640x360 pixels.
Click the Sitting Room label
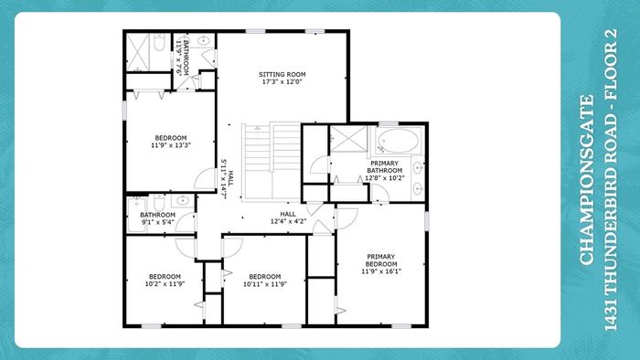pyautogui.click(x=282, y=74)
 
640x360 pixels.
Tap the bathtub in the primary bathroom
pyautogui.click(x=398, y=141)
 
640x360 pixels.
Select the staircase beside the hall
pyautogui.click(x=272, y=162)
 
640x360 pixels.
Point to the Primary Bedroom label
pyautogui.click(x=381, y=260)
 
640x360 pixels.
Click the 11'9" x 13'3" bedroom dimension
pyautogui.click(x=171, y=144)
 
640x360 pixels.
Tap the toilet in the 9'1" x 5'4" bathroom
pyautogui.click(x=159, y=202)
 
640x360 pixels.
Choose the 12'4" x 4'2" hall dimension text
pyautogui.click(x=288, y=221)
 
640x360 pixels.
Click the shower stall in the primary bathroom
pyautogui.click(x=348, y=139)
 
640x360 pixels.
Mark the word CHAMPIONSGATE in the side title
pyautogui.click(x=586, y=180)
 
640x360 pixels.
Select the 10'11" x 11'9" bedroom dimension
pyautogui.click(x=265, y=284)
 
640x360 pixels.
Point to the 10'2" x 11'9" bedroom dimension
pyautogui.click(x=165, y=284)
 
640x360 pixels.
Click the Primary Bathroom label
pyautogui.click(x=384, y=166)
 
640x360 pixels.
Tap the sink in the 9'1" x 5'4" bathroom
pyautogui.click(x=182, y=200)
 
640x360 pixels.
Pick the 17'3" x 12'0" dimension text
pyautogui.click(x=282, y=81)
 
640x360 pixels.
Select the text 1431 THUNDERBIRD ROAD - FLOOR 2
pyautogui.click(x=610, y=180)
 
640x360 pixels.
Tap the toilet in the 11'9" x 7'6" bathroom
pyautogui.click(x=159, y=42)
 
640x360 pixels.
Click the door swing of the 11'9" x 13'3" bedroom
pyautogui.click(x=205, y=179)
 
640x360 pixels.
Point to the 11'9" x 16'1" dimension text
pyautogui.click(x=381, y=271)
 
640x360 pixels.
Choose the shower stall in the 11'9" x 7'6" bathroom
pyautogui.click(x=138, y=53)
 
